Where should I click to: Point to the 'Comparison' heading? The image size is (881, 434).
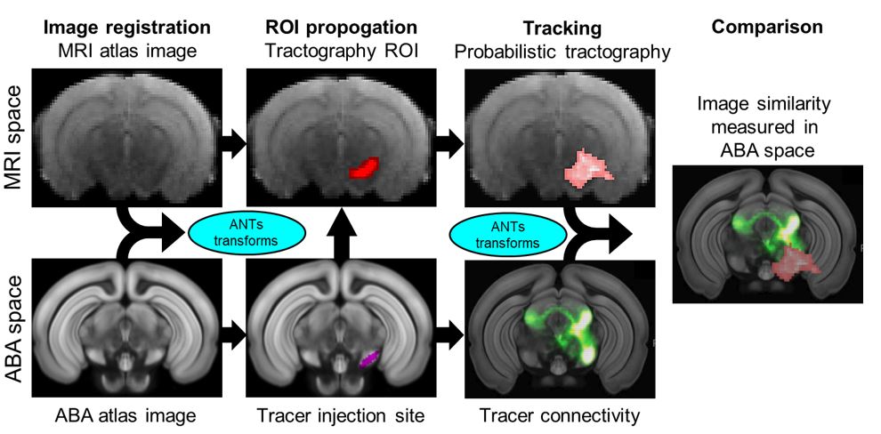(768, 28)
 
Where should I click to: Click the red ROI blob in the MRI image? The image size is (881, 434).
(363, 167)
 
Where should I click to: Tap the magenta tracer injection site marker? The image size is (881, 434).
(368, 358)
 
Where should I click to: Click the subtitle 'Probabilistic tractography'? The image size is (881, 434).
(562, 52)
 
